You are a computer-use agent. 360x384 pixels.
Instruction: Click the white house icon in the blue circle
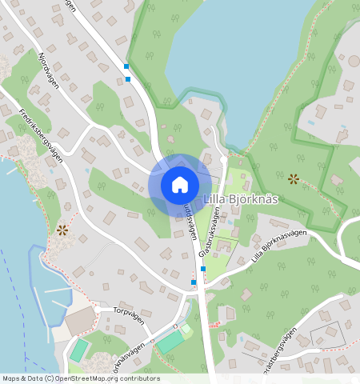click(180, 185)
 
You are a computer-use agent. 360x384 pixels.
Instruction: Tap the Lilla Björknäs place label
click(240, 199)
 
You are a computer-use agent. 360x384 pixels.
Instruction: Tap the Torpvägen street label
click(129, 317)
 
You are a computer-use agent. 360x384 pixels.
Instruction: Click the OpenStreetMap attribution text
click(80, 378)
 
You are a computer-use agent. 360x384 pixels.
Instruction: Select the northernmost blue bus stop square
click(126, 66)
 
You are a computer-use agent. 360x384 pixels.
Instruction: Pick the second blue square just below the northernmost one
click(128, 78)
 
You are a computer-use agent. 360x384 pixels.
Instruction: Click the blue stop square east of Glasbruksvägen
click(203, 269)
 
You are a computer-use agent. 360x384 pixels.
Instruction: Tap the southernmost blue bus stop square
click(194, 282)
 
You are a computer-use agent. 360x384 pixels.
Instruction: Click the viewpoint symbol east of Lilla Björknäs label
click(294, 179)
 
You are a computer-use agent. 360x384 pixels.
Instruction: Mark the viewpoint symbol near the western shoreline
click(62, 230)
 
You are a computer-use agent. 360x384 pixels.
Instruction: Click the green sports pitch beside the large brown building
click(79, 350)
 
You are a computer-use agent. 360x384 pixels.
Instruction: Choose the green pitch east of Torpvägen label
click(170, 342)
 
